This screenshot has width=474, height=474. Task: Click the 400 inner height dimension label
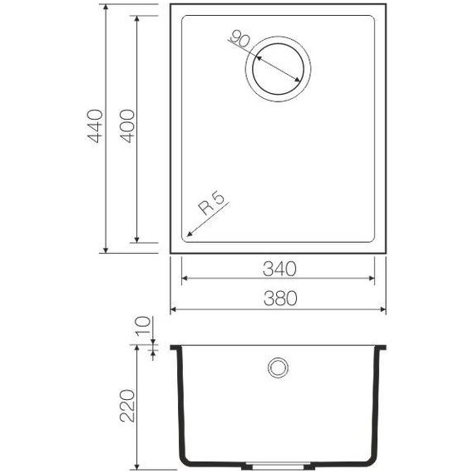point(126,126)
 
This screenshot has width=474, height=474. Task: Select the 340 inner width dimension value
point(278,269)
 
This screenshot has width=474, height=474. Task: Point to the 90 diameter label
point(240,39)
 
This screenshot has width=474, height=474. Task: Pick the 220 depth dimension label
point(126,405)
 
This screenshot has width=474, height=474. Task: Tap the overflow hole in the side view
point(277,366)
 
